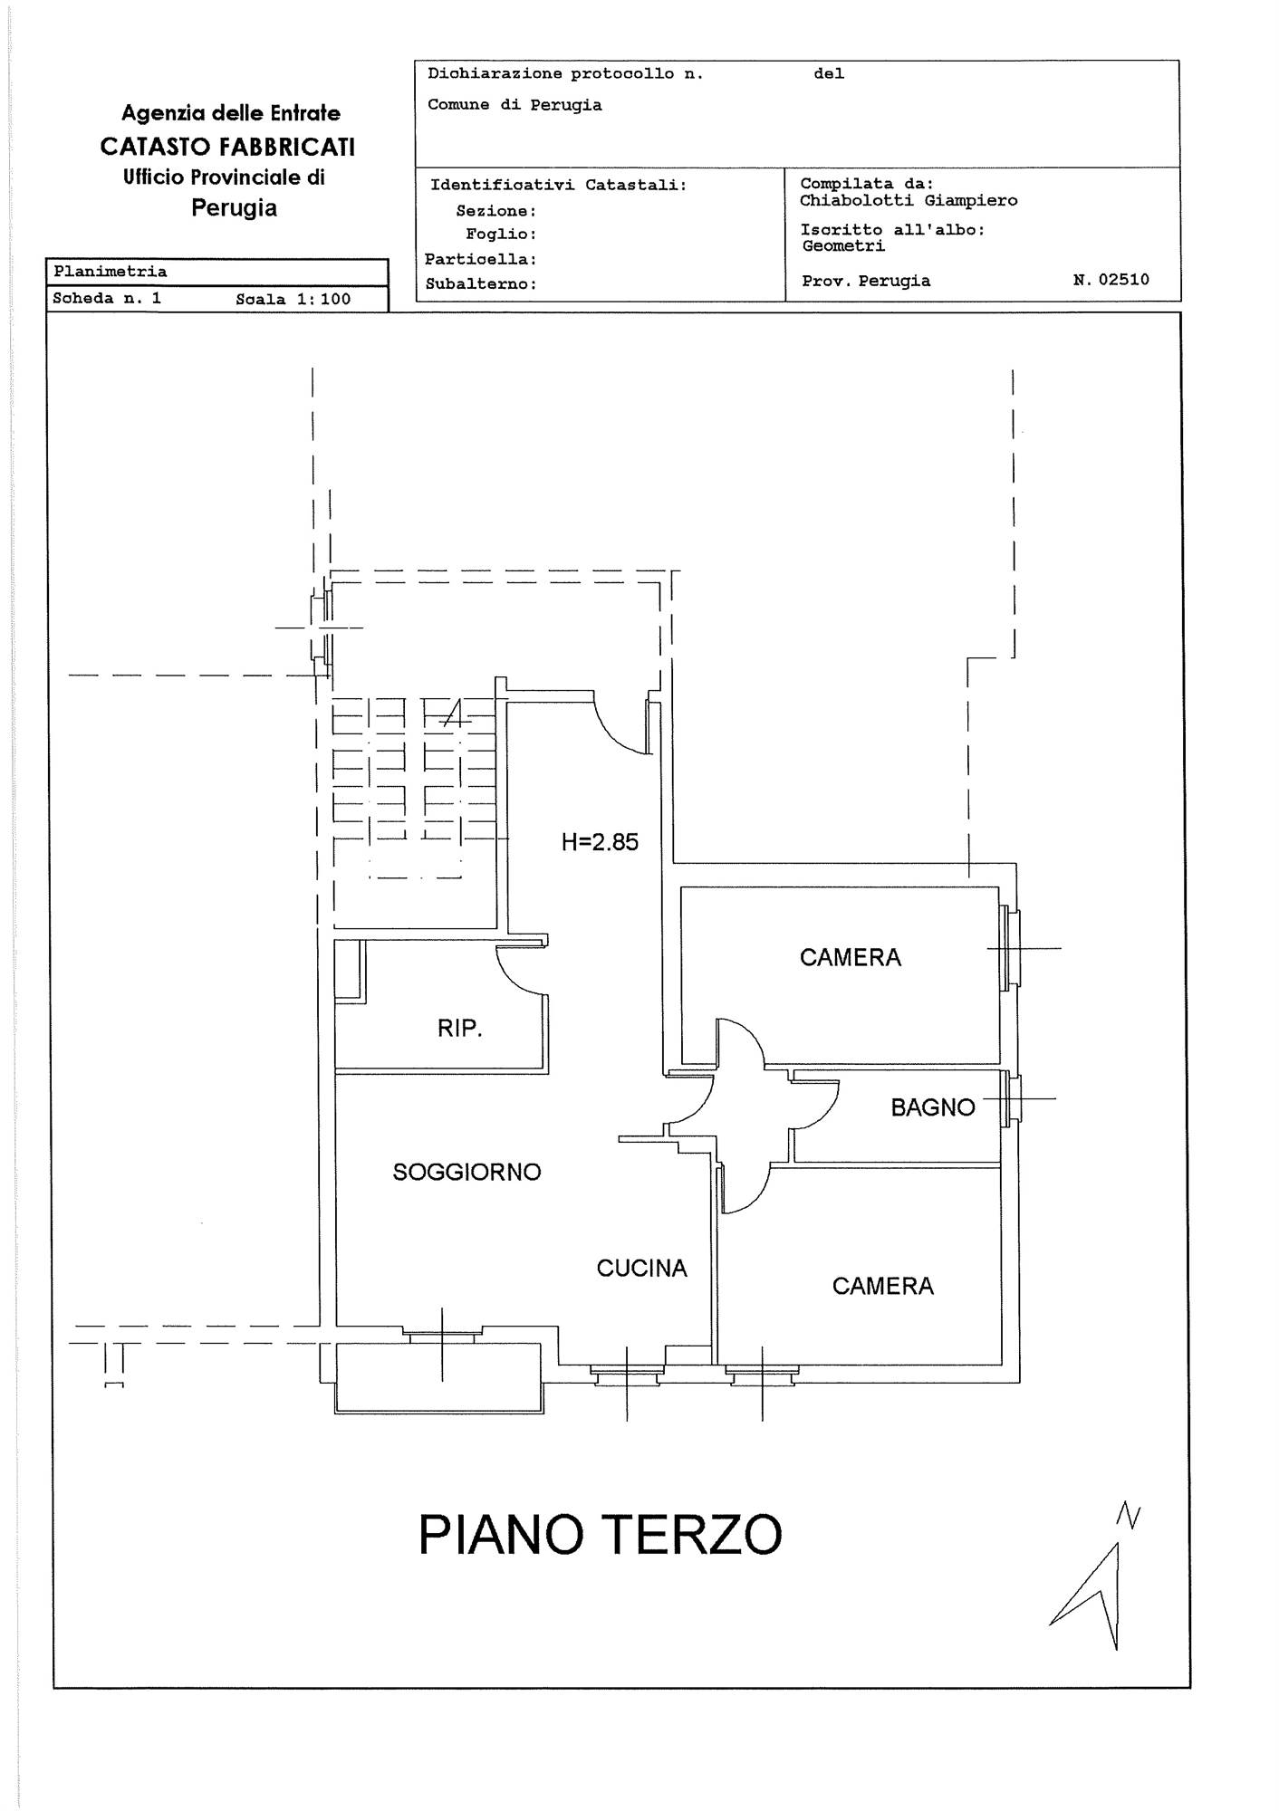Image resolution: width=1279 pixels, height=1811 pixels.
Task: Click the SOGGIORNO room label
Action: click(x=466, y=1172)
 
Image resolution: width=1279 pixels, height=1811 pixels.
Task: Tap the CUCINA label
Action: click(x=641, y=1268)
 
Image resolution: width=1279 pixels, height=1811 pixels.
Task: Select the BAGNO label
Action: click(x=932, y=1107)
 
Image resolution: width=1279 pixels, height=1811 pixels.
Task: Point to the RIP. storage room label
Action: click(x=459, y=1029)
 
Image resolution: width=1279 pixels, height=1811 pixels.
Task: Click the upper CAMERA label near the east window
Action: click(x=850, y=957)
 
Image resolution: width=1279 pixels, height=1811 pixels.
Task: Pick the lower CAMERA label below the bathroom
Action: click(x=882, y=1286)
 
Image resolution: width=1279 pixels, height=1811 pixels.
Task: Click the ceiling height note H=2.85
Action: click(x=600, y=842)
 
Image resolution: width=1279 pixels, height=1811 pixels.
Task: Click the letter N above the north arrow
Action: click(x=1128, y=1516)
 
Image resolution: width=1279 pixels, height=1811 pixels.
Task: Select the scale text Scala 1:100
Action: click(x=293, y=299)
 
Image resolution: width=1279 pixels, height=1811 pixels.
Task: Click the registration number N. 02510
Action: click(x=1111, y=280)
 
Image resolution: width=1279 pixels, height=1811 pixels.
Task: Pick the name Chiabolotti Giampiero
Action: click(x=909, y=200)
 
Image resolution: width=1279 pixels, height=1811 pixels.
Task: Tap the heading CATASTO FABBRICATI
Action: click(x=227, y=147)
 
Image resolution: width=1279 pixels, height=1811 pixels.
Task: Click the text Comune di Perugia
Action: click(x=514, y=105)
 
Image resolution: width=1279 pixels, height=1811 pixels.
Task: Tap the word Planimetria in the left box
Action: click(x=110, y=272)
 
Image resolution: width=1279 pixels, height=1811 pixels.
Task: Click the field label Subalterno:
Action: click(x=481, y=283)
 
